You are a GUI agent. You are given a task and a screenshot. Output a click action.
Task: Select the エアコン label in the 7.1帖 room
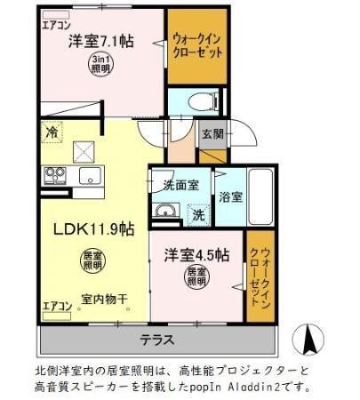coord(56,26)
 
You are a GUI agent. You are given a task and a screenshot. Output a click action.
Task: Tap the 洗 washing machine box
coord(198,214)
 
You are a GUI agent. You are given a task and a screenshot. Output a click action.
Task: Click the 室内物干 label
coord(104,299)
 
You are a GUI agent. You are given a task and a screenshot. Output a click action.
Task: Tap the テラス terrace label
coord(156,339)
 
